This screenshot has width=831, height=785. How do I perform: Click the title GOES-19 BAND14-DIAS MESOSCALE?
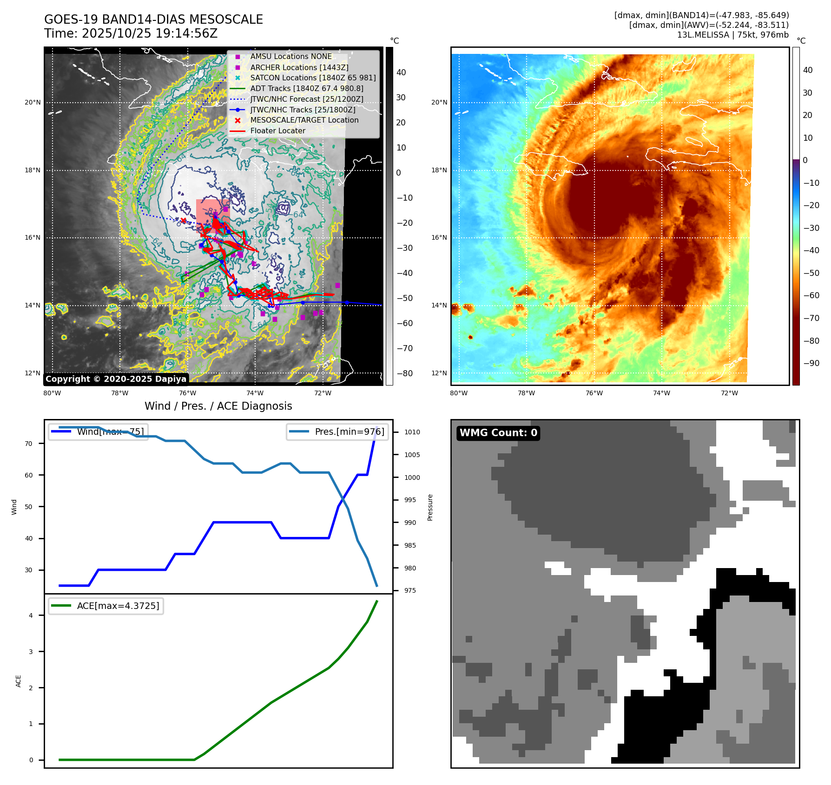click(153, 20)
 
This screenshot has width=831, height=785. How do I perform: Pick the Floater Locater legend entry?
click(277, 131)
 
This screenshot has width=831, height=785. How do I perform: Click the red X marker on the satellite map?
click(184, 221)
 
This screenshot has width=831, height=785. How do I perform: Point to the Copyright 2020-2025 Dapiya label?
click(116, 379)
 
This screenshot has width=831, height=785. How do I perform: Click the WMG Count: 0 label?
click(498, 433)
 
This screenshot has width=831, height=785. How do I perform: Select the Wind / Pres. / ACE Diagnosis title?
click(218, 406)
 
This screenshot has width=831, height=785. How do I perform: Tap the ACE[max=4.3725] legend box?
click(106, 606)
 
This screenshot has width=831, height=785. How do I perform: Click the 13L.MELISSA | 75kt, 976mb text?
click(732, 35)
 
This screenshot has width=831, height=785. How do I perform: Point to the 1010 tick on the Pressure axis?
click(412, 432)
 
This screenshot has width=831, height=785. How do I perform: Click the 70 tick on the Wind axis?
click(29, 444)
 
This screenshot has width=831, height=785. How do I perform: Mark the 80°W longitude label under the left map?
click(52, 393)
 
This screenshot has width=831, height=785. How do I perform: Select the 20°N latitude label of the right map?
click(439, 102)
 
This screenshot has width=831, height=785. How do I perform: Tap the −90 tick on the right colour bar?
click(811, 363)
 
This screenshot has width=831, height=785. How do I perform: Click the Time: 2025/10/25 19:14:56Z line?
click(131, 33)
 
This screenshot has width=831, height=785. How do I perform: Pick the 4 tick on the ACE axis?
click(31, 615)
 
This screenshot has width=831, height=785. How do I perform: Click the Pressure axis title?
click(430, 507)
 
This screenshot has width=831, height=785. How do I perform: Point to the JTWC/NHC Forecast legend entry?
click(307, 99)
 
